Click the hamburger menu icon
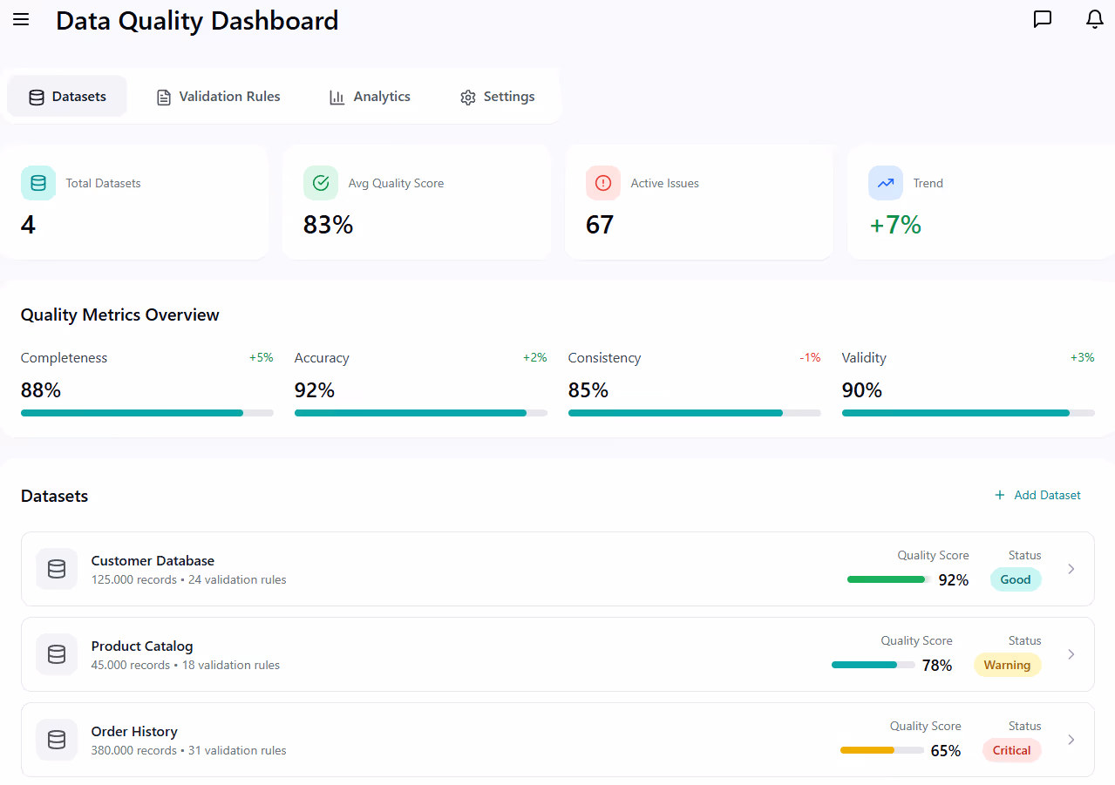pos(21,20)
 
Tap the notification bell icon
pos(1095,19)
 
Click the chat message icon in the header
pos(1042,19)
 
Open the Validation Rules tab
pos(218,97)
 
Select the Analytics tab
pos(370,97)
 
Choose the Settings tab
pos(497,97)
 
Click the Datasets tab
pos(67,97)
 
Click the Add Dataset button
pos(1037,495)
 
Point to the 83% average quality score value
pos(328,225)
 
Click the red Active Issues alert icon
pos(603,183)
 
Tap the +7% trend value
pos(895,225)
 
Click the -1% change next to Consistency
pos(810,358)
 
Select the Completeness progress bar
pos(146,413)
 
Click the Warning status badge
pos(1007,665)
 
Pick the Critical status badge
pos(1011,750)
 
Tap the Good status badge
pos(1015,579)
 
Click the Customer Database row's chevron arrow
pos(1071,569)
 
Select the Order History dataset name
pos(134,732)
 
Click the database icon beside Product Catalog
pos(57,654)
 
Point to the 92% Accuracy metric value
pos(315,390)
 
